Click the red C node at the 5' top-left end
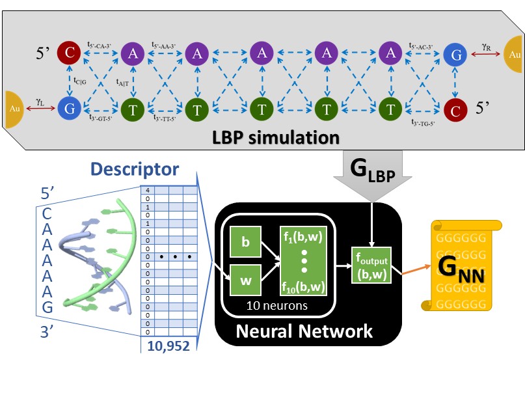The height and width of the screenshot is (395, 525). pyautogui.click(x=68, y=53)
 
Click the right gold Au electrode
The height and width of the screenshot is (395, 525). pyautogui.click(x=513, y=55)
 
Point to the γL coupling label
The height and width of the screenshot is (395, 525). pyautogui.click(x=40, y=102)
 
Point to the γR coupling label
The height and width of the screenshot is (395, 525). pyautogui.click(x=485, y=48)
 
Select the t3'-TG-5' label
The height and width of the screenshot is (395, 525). pyautogui.click(x=423, y=121)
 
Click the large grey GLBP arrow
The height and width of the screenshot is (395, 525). pyautogui.click(x=371, y=174)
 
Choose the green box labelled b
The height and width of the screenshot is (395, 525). pyautogui.click(x=245, y=241)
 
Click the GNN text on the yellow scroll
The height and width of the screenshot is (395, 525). pyautogui.click(x=463, y=267)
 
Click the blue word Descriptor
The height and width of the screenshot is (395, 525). pyautogui.click(x=135, y=169)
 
